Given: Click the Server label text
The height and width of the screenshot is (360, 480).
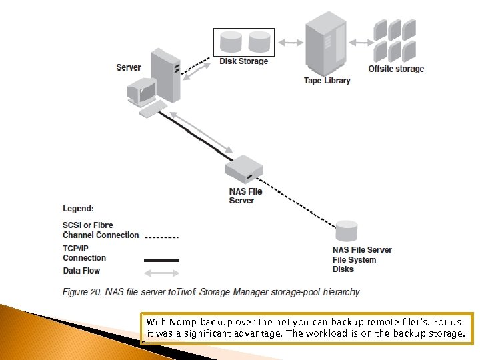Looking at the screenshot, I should (x=128, y=67).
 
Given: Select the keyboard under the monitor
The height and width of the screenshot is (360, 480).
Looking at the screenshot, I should (x=153, y=109).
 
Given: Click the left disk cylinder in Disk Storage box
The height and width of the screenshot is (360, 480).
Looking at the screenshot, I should (x=231, y=43).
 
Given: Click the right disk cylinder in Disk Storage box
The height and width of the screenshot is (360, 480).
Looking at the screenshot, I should (x=259, y=43).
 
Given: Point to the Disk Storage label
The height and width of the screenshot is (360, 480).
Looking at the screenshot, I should (x=244, y=61).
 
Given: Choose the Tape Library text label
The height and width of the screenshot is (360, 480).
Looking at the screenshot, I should (x=327, y=81).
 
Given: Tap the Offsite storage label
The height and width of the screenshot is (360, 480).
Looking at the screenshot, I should (x=396, y=69).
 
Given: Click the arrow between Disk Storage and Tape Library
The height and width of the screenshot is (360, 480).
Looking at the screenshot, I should (x=290, y=43).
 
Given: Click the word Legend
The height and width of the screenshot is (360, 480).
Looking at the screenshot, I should (x=78, y=209).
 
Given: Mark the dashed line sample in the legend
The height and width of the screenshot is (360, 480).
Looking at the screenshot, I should (x=161, y=237).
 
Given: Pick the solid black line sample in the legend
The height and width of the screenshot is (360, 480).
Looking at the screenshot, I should (x=161, y=260).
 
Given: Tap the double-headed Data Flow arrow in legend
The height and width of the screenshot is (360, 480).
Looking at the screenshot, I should (x=161, y=272).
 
